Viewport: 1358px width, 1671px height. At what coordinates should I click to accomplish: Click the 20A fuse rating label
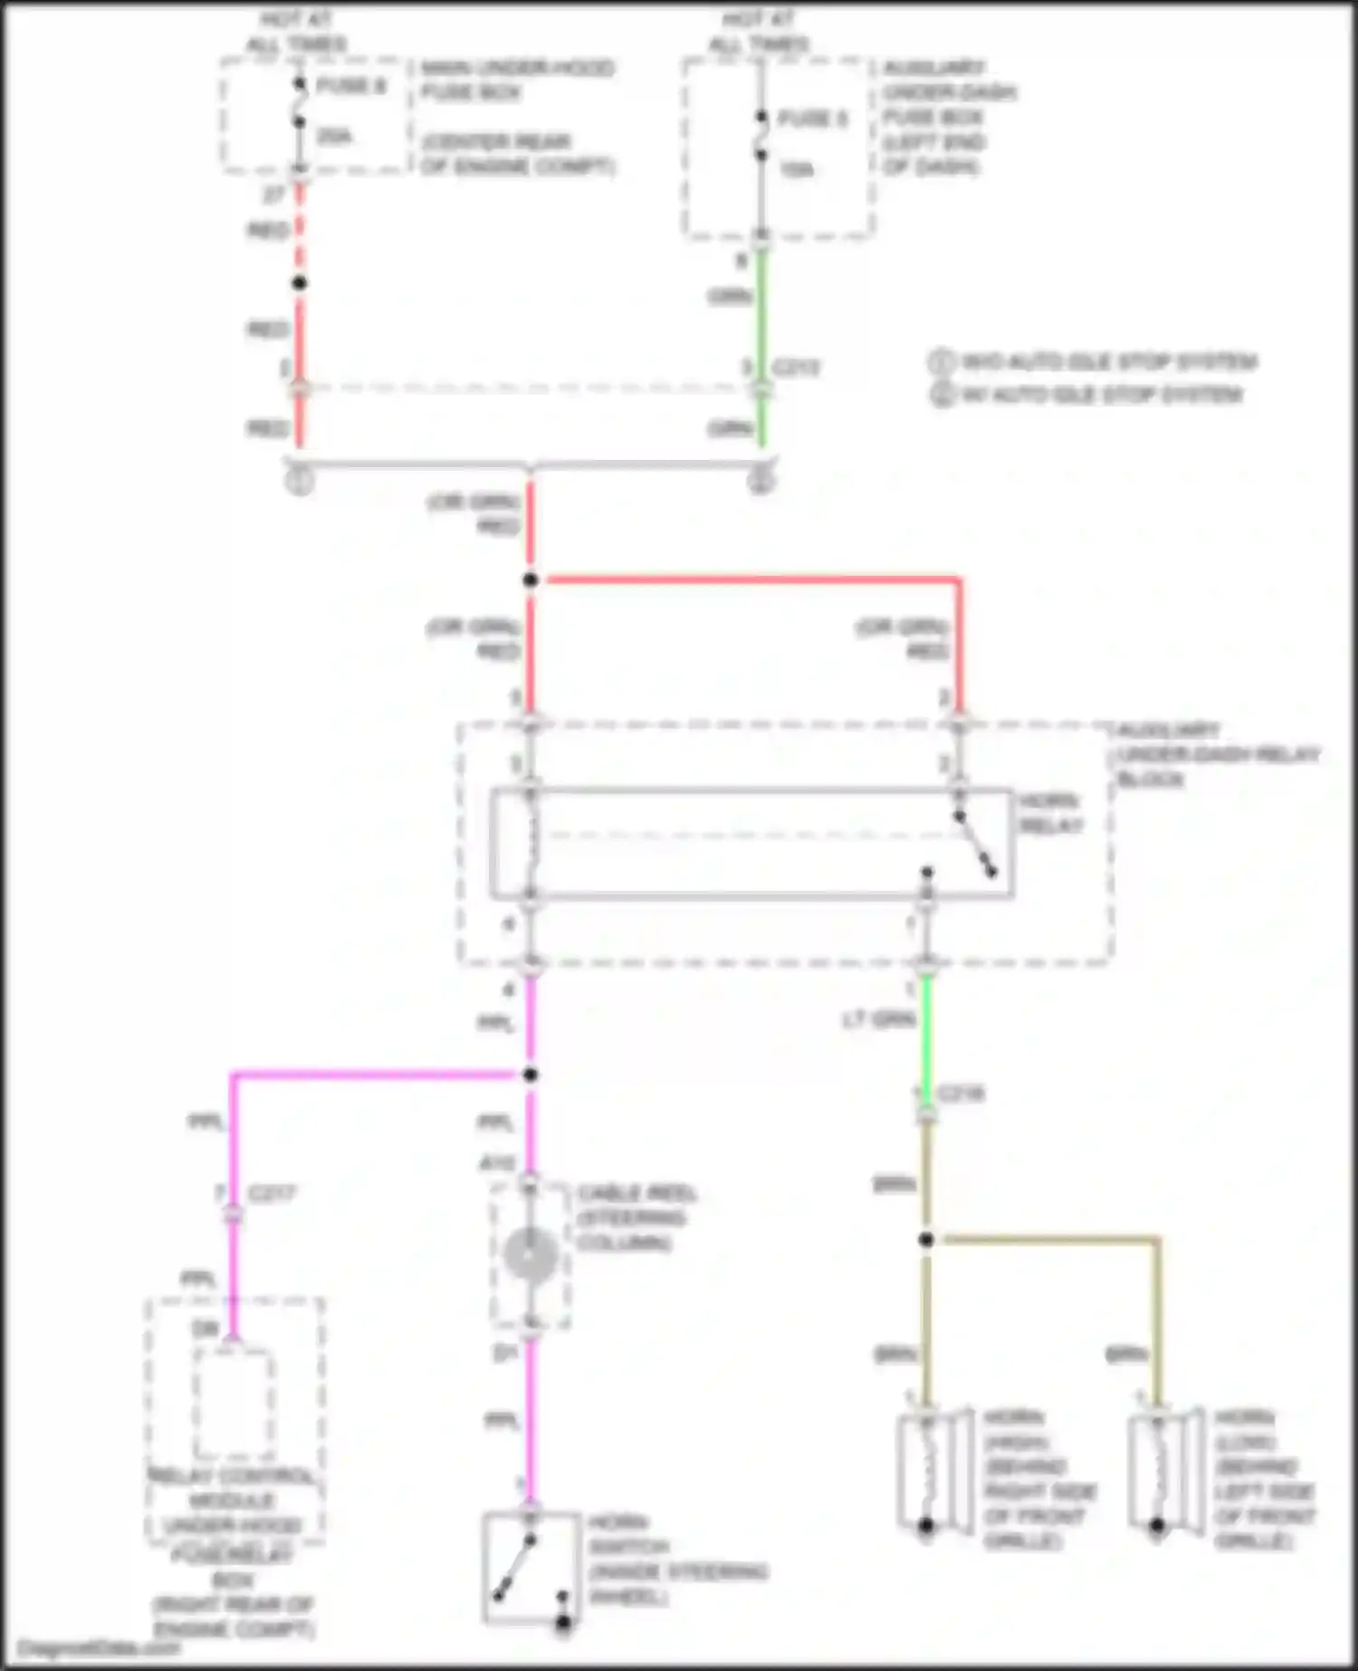[333, 137]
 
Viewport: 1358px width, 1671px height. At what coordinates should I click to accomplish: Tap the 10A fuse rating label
[796, 170]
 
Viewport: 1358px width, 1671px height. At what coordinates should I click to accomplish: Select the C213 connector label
[796, 368]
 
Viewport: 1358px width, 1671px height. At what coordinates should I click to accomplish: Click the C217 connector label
[272, 1194]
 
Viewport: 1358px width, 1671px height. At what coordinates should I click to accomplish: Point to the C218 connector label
[961, 1093]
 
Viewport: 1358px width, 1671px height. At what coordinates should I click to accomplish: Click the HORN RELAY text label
[1050, 813]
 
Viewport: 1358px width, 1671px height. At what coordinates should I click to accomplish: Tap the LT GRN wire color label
[878, 1020]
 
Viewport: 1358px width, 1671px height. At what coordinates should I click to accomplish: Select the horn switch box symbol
[531, 1567]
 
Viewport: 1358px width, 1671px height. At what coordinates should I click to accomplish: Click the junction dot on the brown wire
[926, 1239]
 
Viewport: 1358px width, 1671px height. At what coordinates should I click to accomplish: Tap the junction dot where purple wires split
[531, 1074]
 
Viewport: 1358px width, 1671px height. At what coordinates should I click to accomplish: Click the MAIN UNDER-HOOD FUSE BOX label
[517, 80]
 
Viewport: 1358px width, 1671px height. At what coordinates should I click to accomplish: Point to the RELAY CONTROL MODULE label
[234, 1488]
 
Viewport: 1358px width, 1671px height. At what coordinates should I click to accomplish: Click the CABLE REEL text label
[636, 1193]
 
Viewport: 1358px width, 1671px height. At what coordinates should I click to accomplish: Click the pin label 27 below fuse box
[273, 194]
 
